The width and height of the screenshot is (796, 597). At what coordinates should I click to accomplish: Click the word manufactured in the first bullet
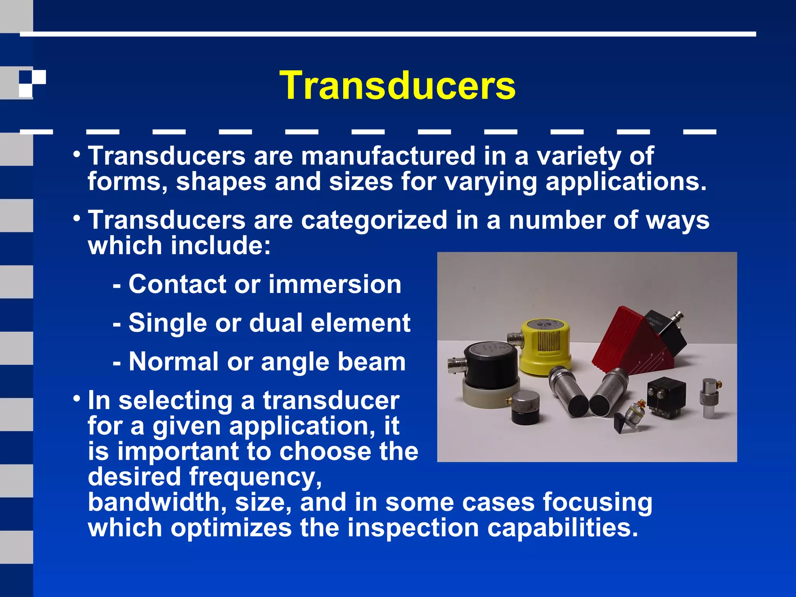coord(388,156)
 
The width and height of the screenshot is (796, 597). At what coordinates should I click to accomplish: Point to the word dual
coord(276,323)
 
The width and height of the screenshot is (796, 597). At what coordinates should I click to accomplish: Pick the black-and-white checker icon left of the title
coord(32,84)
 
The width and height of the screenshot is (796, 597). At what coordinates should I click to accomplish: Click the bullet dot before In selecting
coord(77,399)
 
